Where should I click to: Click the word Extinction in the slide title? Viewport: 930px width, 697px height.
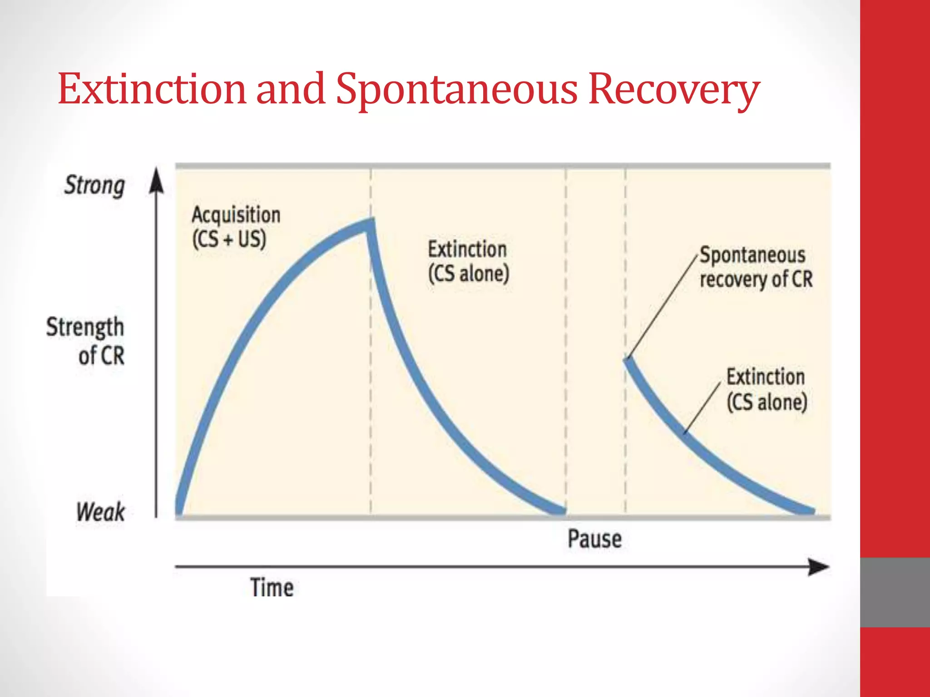click(x=152, y=89)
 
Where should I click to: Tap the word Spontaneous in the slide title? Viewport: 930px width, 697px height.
click(x=456, y=90)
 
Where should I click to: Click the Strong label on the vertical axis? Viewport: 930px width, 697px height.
click(x=94, y=185)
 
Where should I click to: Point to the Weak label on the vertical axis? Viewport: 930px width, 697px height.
click(x=100, y=512)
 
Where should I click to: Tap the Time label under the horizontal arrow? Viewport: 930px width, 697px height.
click(x=272, y=588)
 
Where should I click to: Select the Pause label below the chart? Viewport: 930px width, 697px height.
click(x=594, y=539)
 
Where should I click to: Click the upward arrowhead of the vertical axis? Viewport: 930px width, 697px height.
click(x=157, y=180)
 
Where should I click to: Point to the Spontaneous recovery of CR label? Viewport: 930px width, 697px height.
click(x=756, y=267)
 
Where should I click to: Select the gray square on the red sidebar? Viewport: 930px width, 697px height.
click(x=895, y=592)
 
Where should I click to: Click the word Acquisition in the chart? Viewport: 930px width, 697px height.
click(x=236, y=215)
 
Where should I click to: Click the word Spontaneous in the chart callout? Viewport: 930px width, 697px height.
click(x=752, y=255)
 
